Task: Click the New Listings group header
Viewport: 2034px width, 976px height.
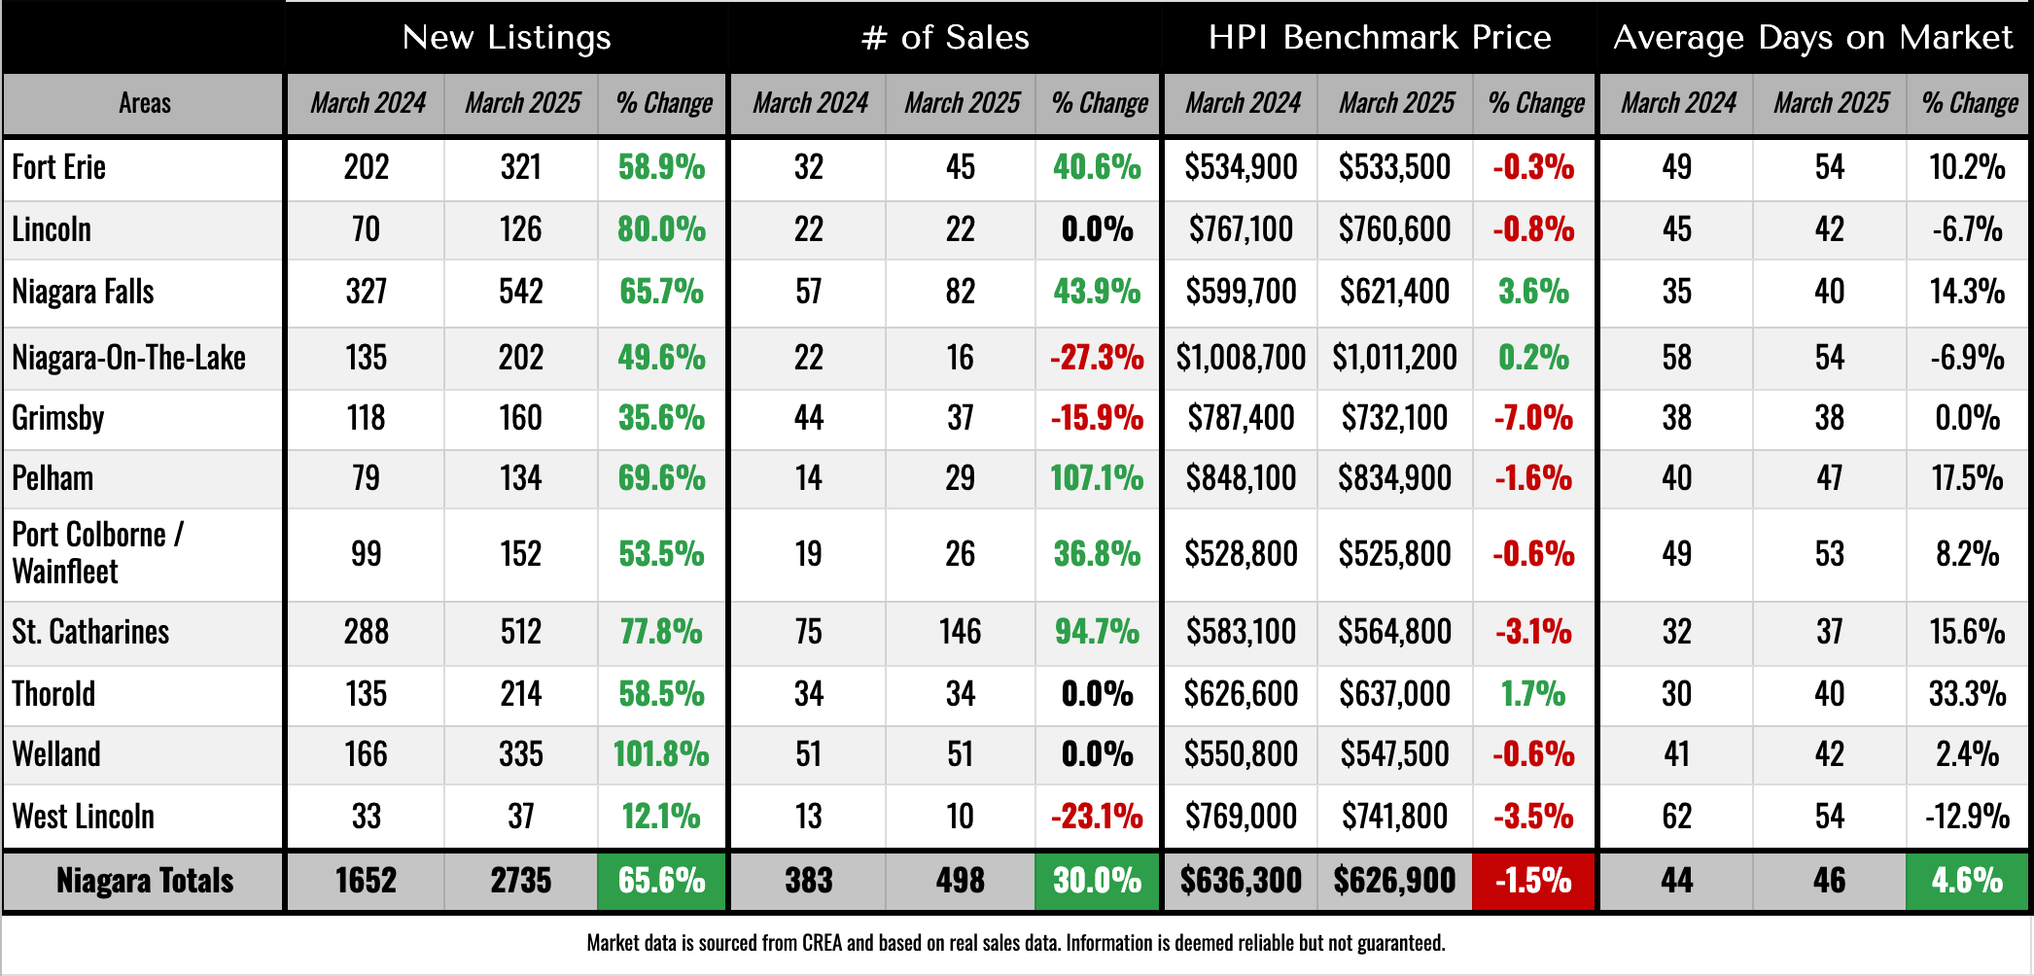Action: [507, 37]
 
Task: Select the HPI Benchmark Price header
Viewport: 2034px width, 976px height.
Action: [1379, 37]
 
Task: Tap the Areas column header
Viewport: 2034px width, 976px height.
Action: [144, 103]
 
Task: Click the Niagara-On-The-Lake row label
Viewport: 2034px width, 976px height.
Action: [128, 358]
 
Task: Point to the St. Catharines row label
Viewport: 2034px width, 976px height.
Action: [90, 632]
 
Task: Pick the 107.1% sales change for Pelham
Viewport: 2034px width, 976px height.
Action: [1097, 478]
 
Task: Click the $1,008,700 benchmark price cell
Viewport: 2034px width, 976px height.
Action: [1241, 358]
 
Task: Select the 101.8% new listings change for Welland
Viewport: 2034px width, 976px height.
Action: [661, 754]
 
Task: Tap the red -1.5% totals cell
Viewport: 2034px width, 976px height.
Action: [1533, 881]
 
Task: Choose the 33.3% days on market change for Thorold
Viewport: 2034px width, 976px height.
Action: [1967, 694]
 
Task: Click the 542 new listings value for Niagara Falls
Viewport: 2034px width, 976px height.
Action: [521, 292]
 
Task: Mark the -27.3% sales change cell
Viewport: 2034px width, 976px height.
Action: [1097, 358]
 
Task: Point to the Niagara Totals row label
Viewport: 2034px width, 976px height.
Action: [145, 881]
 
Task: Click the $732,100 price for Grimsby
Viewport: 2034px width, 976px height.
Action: [1394, 418]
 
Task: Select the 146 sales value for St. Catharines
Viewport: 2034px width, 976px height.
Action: [960, 632]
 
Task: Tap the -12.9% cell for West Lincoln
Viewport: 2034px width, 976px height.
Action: [1967, 817]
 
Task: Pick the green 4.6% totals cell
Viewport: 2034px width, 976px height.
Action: [1967, 881]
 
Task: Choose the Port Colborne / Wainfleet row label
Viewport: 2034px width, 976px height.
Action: [97, 553]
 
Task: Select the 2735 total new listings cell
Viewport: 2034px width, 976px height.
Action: [521, 881]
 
